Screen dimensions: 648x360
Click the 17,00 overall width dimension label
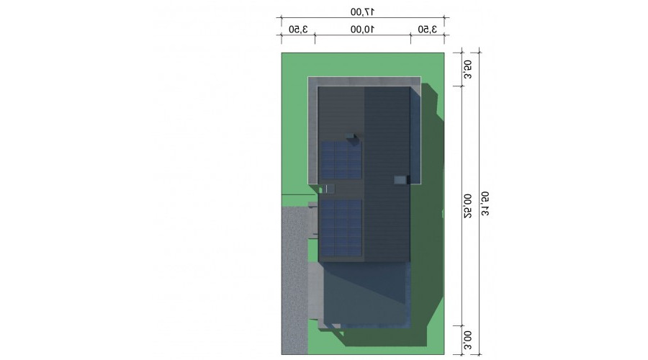click(x=362, y=12)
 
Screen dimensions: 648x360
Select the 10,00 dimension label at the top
click(x=362, y=30)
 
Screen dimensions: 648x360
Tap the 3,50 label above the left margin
click(x=298, y=30)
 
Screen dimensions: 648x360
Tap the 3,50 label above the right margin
click(x=427, y=30)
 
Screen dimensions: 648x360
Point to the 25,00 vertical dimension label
click(x=467, y=206)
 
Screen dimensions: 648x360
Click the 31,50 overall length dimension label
click(x=485, y=203)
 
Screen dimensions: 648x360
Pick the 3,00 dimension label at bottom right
click(x=467, y=340)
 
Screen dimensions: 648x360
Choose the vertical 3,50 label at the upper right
click(x=467, y=69)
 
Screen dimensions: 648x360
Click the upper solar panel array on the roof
click(x=341, y=161)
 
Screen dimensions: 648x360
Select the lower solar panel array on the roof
click(x=341, y=228)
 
